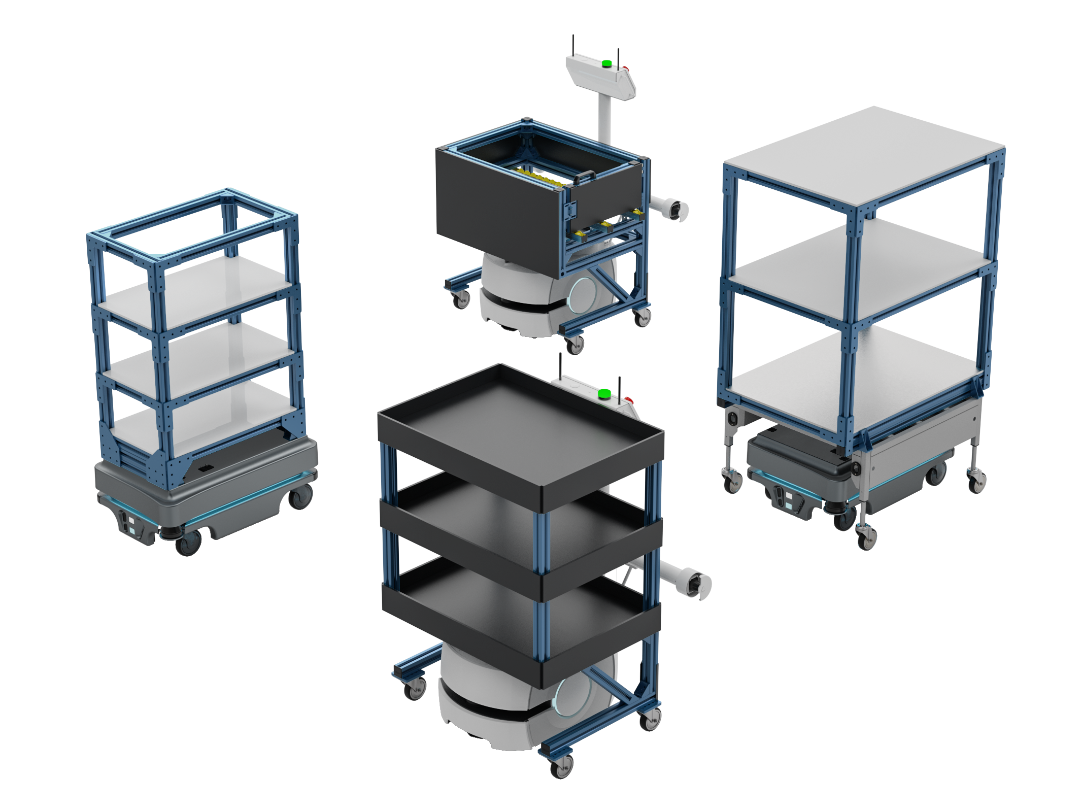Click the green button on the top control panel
tap(606, 64)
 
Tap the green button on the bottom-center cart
tap(604, 393)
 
